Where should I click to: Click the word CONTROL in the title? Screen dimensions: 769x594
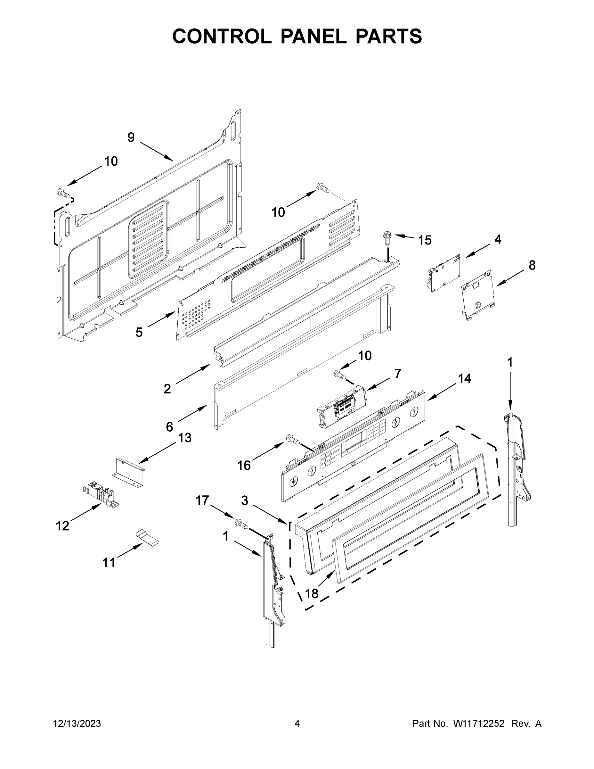point(222,36)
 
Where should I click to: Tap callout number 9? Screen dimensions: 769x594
point(131,137)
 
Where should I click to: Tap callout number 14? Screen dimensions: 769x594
point(465,378)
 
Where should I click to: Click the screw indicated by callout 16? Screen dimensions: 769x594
point(293,439)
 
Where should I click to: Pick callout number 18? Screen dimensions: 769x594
point(312,594)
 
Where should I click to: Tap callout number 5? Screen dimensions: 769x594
point(139,332)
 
